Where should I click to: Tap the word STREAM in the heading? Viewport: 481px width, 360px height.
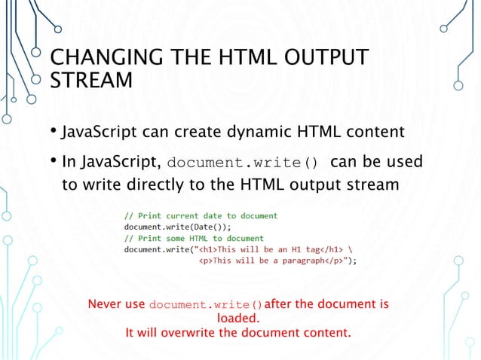pyautogui.click(x=90, y=79)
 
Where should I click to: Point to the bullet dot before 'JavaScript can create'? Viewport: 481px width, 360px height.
pyautogui.click(x=55, y=133)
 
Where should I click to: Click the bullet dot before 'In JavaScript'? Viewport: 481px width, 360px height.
pyautogui.click(x=55, y=163)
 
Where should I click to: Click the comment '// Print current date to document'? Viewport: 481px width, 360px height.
pyautogui.click(x=201, y=216)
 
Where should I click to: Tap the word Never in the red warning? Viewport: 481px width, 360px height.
pyautogui.click(x=105, y=305)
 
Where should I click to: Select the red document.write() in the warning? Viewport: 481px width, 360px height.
pyautogui.click(x=206, y=306)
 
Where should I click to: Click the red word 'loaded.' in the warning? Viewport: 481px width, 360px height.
pyautogui.click(x=238, y=319)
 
